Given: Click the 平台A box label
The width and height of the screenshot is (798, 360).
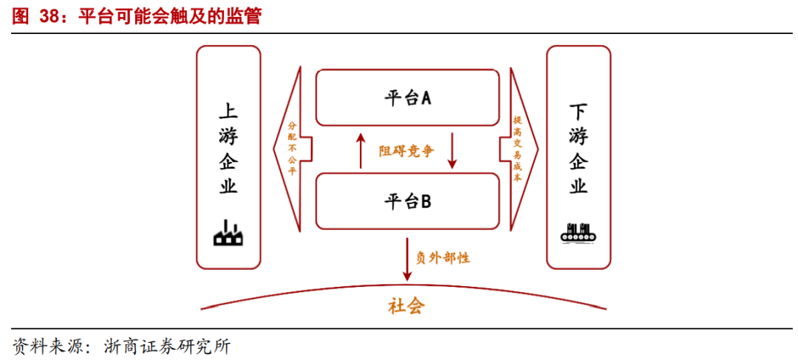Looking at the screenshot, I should [407, 98].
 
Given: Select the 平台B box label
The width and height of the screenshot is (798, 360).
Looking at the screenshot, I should [407, 200].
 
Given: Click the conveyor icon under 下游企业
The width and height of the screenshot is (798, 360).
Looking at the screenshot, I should [579, 233].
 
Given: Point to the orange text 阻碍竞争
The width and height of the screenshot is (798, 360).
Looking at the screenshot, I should [406, 151].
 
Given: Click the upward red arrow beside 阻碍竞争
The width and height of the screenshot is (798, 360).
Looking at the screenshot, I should [361, 151].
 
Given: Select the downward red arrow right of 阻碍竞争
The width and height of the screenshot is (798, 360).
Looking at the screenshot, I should [453, 151].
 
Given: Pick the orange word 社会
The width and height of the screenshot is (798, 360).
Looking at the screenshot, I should [406, 306].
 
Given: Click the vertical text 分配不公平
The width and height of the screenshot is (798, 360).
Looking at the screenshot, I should [292, 149].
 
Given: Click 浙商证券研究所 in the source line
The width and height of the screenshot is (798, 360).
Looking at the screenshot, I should [167, 346].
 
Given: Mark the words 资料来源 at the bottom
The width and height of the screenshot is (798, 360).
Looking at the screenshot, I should [44, 346].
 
